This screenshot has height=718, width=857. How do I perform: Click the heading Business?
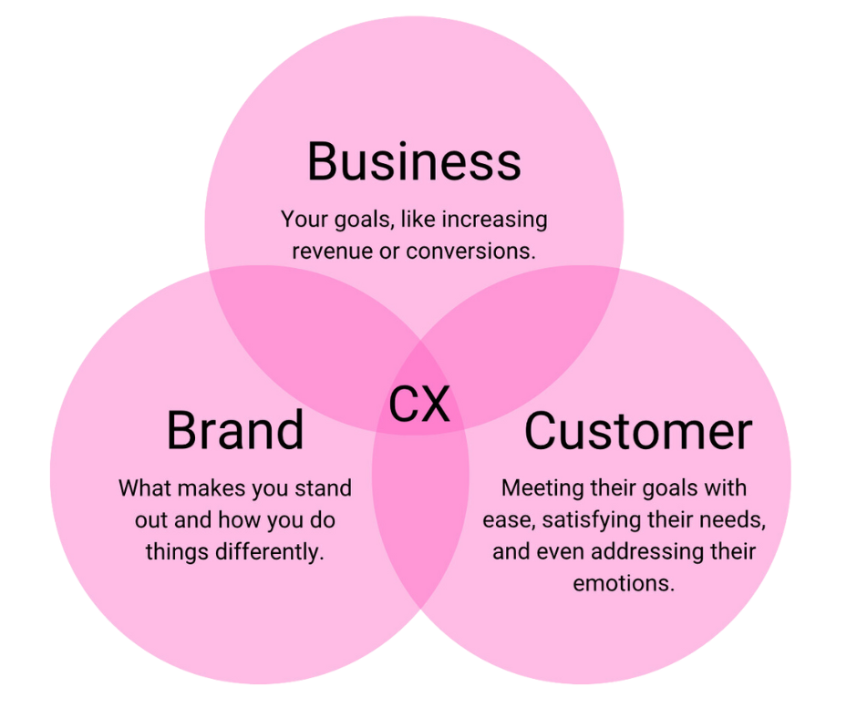tap(414, 161)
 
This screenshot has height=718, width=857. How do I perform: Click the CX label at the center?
tap(419, 405)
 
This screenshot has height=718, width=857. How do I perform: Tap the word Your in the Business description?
tap(301, 220)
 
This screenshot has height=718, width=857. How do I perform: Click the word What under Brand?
tap(142, 488)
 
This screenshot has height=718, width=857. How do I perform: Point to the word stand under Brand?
tap(322, 488)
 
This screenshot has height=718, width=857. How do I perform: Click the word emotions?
tap(624, 583)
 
